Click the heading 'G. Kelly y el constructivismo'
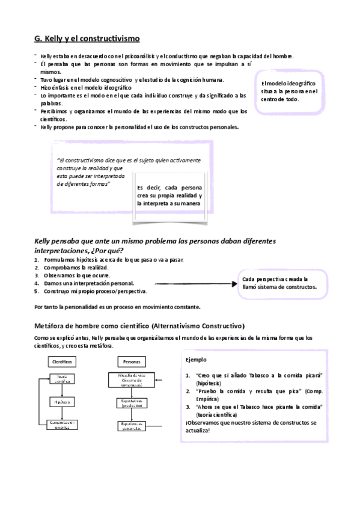[87, 38]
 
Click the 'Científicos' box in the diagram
[63, 363]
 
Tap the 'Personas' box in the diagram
[132, 363]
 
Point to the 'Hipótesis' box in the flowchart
[63, 402]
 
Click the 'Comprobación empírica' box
[63, 425]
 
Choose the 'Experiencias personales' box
[132, 426]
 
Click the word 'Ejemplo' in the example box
[197, 360]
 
